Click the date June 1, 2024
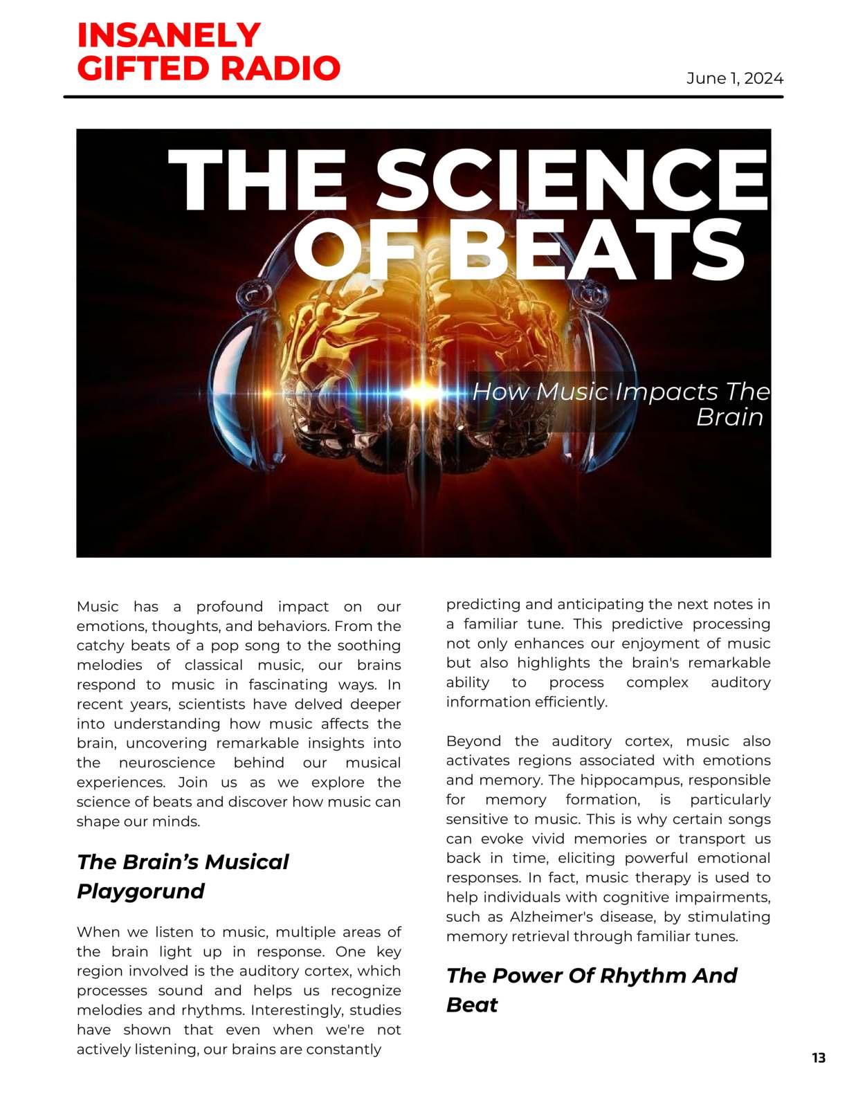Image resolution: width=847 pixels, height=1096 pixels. [x=734, y=78]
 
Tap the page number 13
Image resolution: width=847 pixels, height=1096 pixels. [x=818, y=1058]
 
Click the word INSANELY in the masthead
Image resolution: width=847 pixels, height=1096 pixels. [x=168, y=35]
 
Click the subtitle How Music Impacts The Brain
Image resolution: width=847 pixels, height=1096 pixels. [x=620, y=404]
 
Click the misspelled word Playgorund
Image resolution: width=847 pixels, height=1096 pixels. [x=140, y=890]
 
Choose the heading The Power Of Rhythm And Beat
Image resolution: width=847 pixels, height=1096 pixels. [x=591, y=989]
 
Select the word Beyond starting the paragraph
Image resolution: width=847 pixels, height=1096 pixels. [x=473, y=741]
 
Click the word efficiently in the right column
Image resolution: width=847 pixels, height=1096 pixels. [x=570, y=702]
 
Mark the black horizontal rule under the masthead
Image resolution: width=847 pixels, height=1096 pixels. [x=423, y=97]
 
